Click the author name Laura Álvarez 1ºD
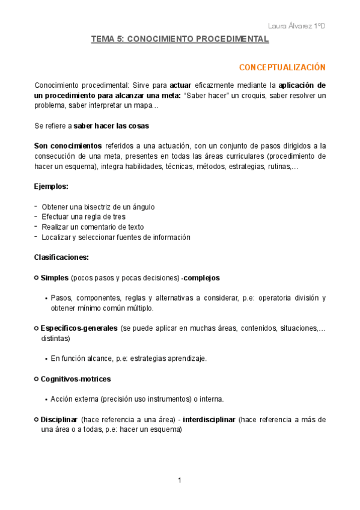click(297, 26)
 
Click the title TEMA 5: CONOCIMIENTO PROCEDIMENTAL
click(180, 39)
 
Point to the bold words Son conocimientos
click(68, 146)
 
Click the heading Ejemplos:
click(51, 186)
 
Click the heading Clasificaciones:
click(61, 257)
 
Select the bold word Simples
click(55, 278)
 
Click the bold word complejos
click(202, 278)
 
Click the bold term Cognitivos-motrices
click(76, 379)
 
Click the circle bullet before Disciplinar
click(37, 419)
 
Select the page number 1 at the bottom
click(180, 480)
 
